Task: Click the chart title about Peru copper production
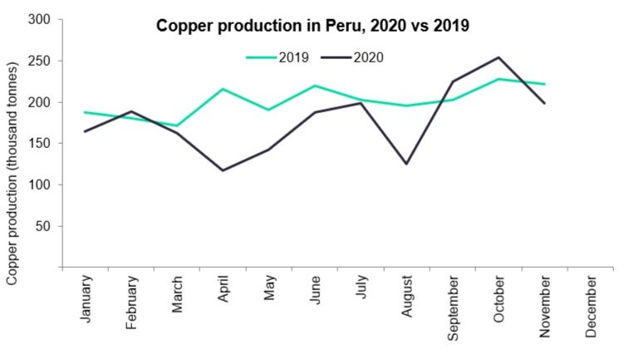(x=313, y=26)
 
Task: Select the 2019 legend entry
(x=278, y=57)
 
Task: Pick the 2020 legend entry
(x=352, y=57)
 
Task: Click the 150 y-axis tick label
(x=42, y=143)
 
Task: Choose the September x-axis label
(x=454, y=308)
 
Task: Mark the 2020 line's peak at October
(x=498, y=57)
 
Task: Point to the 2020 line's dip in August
(x=406, y=164)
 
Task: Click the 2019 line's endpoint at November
(x=543, y=84)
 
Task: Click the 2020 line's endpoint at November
(x=543, y=103)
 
